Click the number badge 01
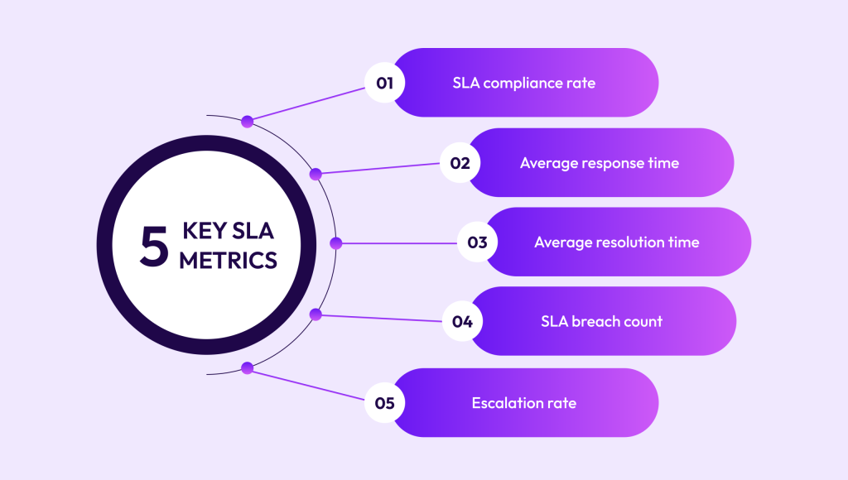click(384, 83)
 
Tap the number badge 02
click(460, 163)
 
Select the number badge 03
click(477, 242)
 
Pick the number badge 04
click(462, 322)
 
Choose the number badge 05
click(384, 403)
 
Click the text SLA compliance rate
click(523, 83)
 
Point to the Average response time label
click(599, 163)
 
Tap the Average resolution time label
click(616, 242)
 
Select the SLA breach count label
click(600, 322)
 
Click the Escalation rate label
click(523, 403)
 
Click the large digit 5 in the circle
click(154, 245)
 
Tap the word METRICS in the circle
click(228, 260)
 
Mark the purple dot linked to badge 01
click(247, 122)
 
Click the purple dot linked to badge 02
click(315, 174)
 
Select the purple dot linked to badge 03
click(335, 243)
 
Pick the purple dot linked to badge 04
click(315, 314)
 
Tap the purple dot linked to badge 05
click(247, 367)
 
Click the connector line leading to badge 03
click(397, 243)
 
